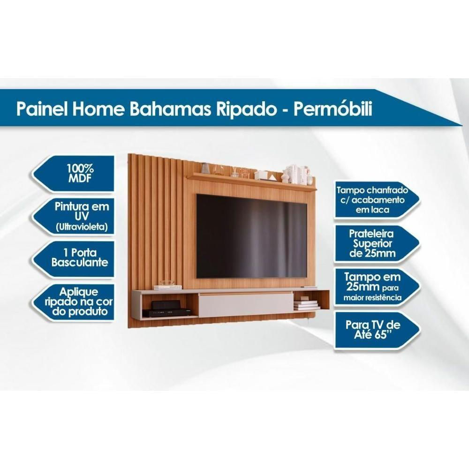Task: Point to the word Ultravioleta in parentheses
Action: [82, 227]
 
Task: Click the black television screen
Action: [251, 236]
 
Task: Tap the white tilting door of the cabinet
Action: [245, 304]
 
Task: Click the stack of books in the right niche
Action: [306, 304]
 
